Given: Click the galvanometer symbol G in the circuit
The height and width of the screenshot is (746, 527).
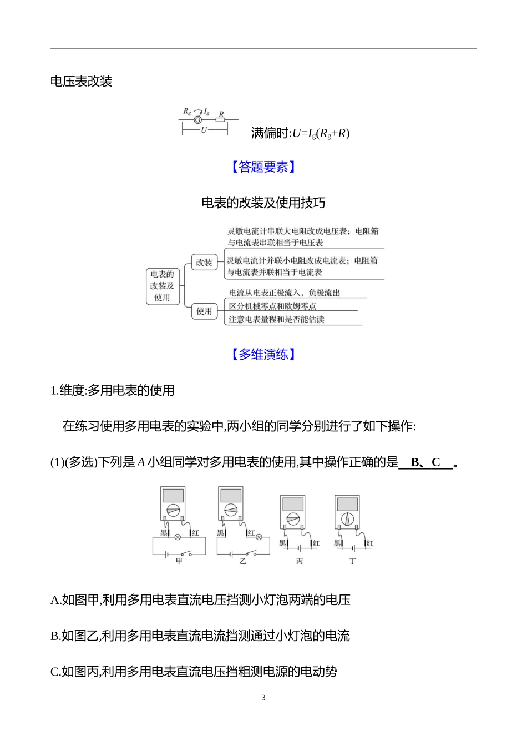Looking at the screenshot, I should click(x=198, y=119).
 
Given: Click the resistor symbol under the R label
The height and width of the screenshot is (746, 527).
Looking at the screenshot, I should click(x=220, y=119).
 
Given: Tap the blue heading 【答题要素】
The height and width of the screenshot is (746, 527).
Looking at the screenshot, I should click(x=263, y=167).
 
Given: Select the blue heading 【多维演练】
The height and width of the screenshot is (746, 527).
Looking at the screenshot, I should click(x=263, y=354).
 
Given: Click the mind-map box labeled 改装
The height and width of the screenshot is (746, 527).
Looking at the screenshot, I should click(x=204, y=263).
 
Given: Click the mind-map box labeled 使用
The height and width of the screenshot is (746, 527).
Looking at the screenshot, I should click(x=204, y=311).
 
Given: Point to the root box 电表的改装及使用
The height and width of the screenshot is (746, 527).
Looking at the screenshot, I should click(x=162, y=286).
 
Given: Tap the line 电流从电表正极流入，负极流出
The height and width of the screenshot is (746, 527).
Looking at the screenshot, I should click(x=285, y=293).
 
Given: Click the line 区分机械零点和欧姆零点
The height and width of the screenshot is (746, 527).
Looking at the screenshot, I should click(x=272, y=306).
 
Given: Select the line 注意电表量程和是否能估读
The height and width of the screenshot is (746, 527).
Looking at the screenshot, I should click(x=276, y=320).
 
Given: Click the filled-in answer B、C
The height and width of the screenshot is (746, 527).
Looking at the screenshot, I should click(x=425, y=462).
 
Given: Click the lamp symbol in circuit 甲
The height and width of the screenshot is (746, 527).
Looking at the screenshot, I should click(x=178, y=537).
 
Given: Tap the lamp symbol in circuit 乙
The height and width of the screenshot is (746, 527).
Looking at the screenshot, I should click(x=259, y=537).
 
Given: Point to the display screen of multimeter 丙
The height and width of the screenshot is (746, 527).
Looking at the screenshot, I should click(x=293, y=504).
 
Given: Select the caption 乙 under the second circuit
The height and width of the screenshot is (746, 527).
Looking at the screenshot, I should click(x=243, y=561).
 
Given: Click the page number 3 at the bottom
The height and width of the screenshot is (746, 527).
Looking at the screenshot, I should click(x=263, y=698).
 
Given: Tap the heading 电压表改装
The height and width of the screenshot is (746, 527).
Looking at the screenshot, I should click(x=81, y=82).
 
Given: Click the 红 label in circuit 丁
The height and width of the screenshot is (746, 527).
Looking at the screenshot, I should click(x=370, y=543).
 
